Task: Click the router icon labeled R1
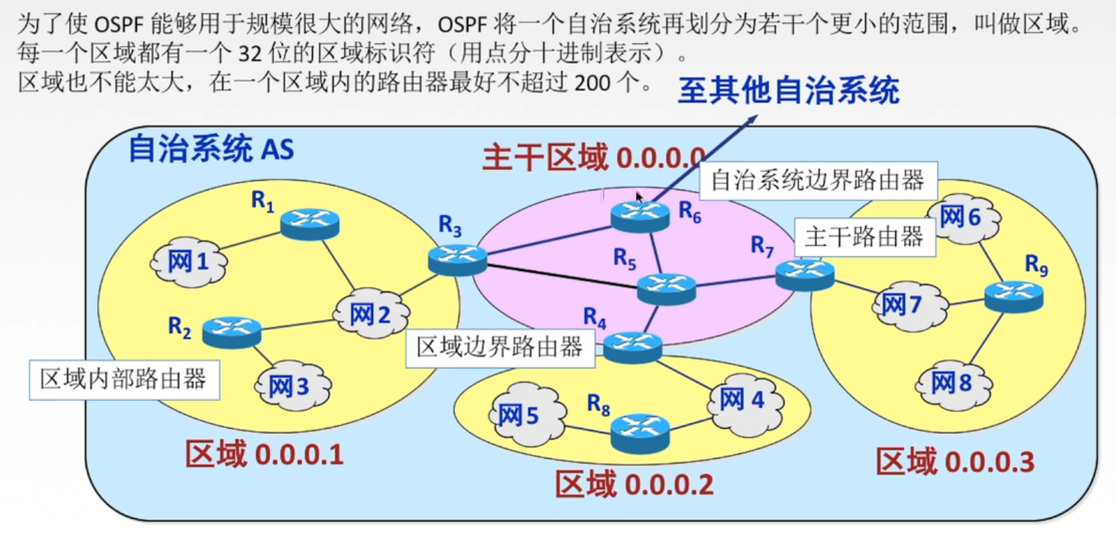[310, 223]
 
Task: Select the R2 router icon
[231, 332]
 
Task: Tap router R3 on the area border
[457, 259]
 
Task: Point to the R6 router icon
[640, 215]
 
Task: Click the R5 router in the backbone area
[666, 288]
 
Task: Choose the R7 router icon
[805, 274]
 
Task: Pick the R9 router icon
[1014, 296]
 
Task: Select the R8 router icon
[640, 431]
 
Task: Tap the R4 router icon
[632, 347]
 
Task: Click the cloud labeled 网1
[189, 261]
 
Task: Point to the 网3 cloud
[292, 386]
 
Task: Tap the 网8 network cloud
[952, 383]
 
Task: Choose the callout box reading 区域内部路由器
[124, 380]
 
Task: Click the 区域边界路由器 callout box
[499, 347]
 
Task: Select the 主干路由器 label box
[864, 237]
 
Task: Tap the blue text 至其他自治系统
[788, 91]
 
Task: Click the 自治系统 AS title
[211, 148]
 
